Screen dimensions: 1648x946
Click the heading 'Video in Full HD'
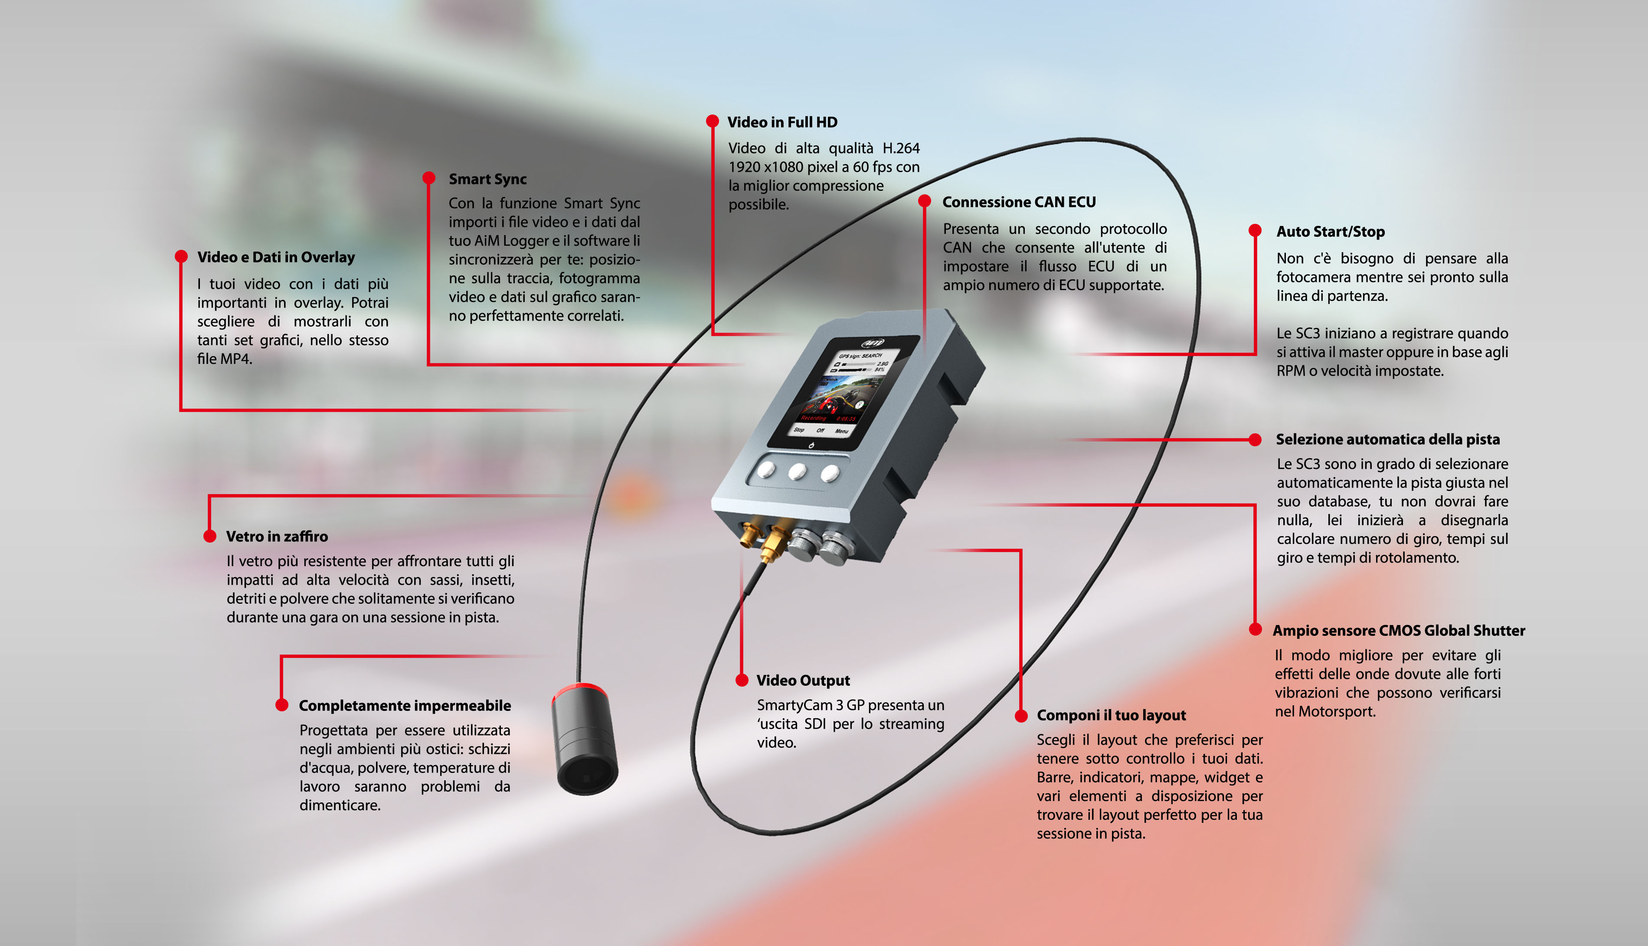coord(782,122)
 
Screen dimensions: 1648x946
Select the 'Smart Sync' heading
coord(487,179)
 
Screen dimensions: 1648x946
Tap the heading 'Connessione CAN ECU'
coord(1019,202)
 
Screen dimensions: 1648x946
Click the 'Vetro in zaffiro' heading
coord(277,537)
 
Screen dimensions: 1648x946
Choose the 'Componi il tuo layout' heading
coord(1111,715)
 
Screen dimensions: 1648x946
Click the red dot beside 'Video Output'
coord(741,680)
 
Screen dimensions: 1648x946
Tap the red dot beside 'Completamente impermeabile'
coord(281,705)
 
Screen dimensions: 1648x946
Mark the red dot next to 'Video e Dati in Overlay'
coord(181,257)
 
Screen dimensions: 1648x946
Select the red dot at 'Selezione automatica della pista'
coord(1255,439)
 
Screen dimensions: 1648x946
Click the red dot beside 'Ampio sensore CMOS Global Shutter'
coord(1255,630)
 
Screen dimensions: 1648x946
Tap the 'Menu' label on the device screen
coord(841,431)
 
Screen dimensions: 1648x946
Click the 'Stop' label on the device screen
coord(798,429)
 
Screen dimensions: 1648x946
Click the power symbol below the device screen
coord(811,446)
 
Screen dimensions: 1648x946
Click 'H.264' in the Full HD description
coord(900,148)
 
